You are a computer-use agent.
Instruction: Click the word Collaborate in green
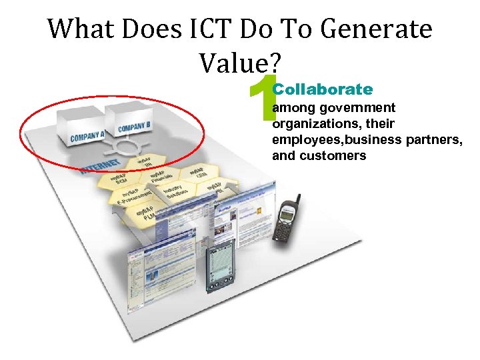pos(323,89)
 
